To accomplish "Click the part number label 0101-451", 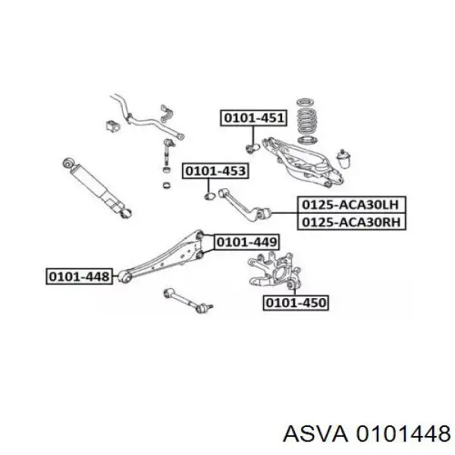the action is (253, 118).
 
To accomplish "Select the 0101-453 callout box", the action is (215, 171).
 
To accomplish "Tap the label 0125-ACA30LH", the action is (351, 205).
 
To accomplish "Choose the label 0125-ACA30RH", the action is (351, 222).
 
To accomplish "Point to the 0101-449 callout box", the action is (246, 242).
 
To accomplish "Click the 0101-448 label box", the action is (79, 276).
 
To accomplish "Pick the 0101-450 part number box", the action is (296, 303).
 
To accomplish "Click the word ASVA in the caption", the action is (315, 434).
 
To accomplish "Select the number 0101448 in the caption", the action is (403, 434).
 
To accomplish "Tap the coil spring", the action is (306, 121).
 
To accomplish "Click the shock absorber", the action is (97, 187).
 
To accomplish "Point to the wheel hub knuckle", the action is (275, 271).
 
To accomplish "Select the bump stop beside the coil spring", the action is (344, 158).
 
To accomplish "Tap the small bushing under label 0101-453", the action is (209, 196).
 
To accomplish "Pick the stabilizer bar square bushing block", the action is (112, 125).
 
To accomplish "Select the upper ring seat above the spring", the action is (304, 102).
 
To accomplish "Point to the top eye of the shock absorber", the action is (68, 163).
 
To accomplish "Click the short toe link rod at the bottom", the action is (189, 300).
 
